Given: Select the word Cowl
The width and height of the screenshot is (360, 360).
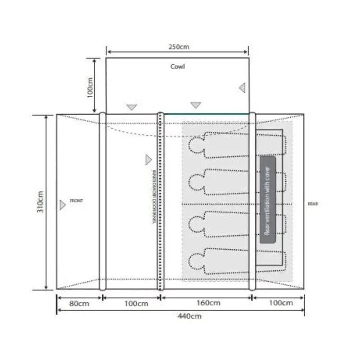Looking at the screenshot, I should click(x=177, y=67).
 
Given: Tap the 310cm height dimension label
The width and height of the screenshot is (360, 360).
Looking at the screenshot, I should click(x=40, y=202).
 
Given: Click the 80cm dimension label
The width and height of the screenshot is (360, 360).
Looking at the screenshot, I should click(x=78, y=303).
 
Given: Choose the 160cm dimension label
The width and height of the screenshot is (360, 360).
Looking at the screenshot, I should click(x=208, y=303).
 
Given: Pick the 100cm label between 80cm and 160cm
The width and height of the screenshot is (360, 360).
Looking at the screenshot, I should click(x=136, y=303).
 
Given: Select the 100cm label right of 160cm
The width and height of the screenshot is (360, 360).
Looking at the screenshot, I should click(x=280, y=303).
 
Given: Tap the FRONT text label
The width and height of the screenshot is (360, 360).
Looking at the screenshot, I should click(x=76, y=201).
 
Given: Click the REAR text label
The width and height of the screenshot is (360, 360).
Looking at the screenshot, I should click(x=313, y=204).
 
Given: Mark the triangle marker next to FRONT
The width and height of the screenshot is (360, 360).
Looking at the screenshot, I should click(x=63, y=205).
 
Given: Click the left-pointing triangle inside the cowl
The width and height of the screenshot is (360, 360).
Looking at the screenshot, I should click(x=242, y=88).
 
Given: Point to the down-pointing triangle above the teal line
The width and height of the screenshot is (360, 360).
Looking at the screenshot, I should click(x=195, y=105).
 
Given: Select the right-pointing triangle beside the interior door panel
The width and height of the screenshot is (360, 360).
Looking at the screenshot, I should click(x=148, y=159).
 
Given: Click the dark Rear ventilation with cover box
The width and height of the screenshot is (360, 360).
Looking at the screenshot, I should click(x=268, y=200).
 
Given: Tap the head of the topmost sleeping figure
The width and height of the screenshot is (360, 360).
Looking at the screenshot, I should click(x=196, y=145).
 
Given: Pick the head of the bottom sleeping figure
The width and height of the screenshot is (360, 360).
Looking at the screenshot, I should click(x=196, y=261).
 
